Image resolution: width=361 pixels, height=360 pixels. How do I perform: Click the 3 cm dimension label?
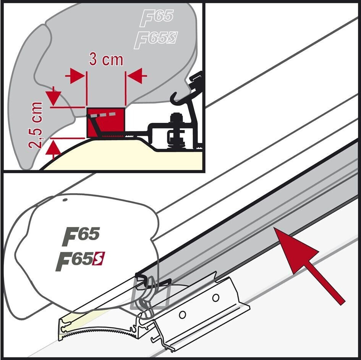pos(106,60)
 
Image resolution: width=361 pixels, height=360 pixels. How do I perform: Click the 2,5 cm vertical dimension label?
pos(36,125)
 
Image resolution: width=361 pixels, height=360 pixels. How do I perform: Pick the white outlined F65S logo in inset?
pos(156,40)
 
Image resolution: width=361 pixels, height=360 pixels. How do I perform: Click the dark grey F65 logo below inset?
pos(81,236)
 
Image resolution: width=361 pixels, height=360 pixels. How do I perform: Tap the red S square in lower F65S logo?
pos(98,259)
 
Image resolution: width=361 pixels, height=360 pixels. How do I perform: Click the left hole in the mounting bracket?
pos(182,315)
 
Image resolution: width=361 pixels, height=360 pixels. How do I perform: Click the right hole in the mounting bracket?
pos(216,298)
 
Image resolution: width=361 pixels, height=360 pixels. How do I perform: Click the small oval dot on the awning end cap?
pos(65,200)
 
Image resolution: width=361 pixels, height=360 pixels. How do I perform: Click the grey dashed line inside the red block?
pos(103,115)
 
